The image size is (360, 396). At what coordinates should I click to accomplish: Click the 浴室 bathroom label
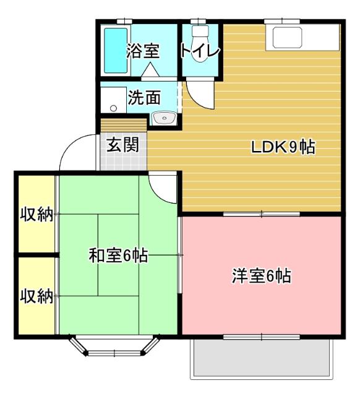[143, 51]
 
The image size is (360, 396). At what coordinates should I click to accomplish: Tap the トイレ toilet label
[200, 51]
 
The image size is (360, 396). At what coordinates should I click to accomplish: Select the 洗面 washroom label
[144, 97]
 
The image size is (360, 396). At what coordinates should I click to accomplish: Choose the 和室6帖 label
[118, 255]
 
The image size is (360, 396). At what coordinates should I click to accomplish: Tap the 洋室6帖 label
[262, 275]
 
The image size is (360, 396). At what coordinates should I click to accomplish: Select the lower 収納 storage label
[36, 296]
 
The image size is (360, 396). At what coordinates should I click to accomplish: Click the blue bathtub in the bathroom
[114, 49]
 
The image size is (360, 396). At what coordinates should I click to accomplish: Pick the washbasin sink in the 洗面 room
[163, 118]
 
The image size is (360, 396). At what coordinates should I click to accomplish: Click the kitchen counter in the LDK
[303, 37]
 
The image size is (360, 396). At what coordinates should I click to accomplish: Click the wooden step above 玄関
[123, 124]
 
